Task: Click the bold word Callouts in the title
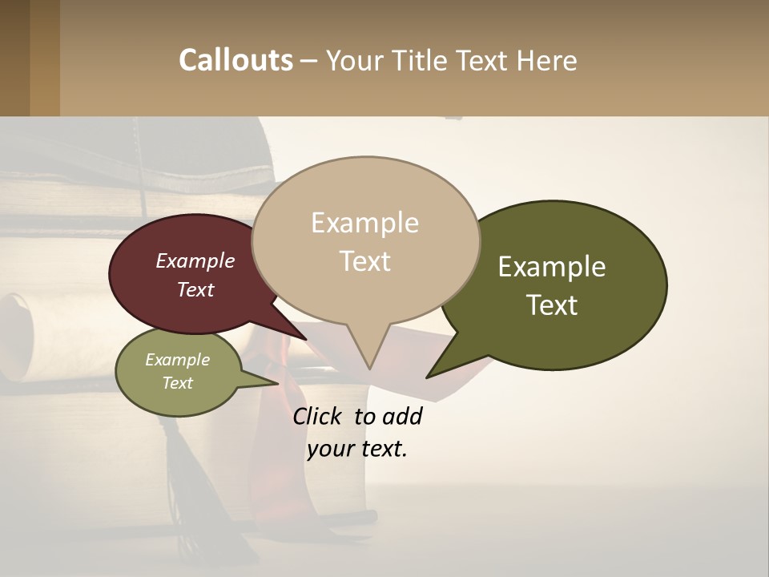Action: [236, 60]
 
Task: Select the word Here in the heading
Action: [546, 60]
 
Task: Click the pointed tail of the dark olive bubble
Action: [445, 365]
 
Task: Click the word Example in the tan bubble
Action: [364, 223]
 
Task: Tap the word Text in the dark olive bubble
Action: [552, 305]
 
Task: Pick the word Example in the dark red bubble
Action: [195, 260]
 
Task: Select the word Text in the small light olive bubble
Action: [177, 383]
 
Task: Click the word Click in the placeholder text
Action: [319, 416]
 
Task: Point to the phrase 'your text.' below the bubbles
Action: [357, 449]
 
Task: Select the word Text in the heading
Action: [483, 60]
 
